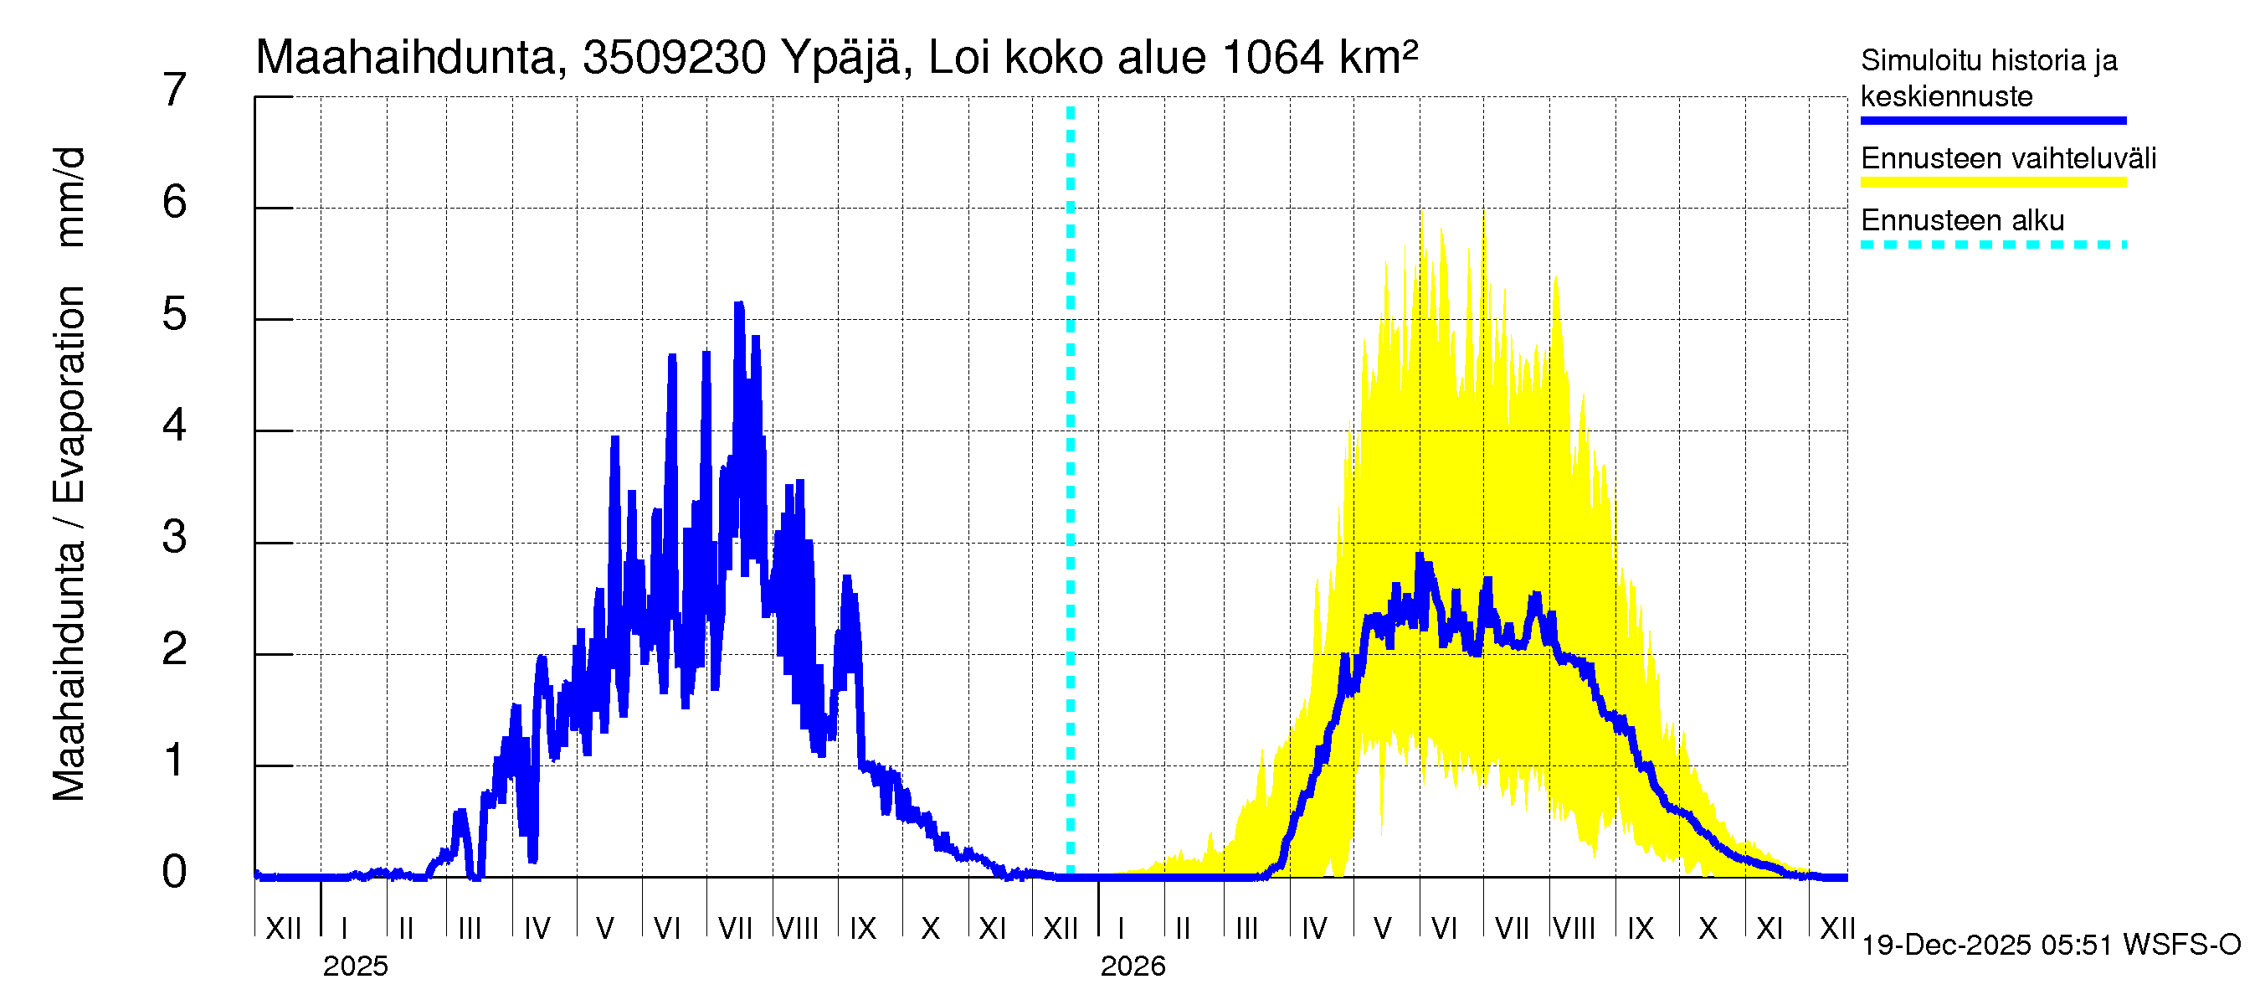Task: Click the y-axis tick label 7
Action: pos(175,90)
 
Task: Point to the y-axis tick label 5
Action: pos(175,314)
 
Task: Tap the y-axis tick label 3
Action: pos(175,537)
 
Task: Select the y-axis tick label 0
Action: pos(175,873)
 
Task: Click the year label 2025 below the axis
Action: pos(355,966)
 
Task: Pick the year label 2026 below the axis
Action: pos(1133,966)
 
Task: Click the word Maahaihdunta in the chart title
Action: pos(405,58)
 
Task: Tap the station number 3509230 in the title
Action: pos(674,58)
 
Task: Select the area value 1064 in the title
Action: pos(1272,58)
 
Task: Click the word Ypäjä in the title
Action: pos(840,58)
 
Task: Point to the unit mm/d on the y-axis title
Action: pos(70,198)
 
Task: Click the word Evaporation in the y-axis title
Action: pos(70,395)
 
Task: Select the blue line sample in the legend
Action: pos(1993,121)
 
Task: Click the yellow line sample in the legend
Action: pos(1993,183)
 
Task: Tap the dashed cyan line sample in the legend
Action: pos(1993,245)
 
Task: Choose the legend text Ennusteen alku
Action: pos(1963,220)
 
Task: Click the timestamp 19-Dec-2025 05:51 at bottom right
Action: pos(1988,946)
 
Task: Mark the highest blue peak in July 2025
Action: pos(739,305)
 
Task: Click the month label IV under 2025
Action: pos(537,929)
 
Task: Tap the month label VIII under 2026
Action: pos(1574,929)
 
